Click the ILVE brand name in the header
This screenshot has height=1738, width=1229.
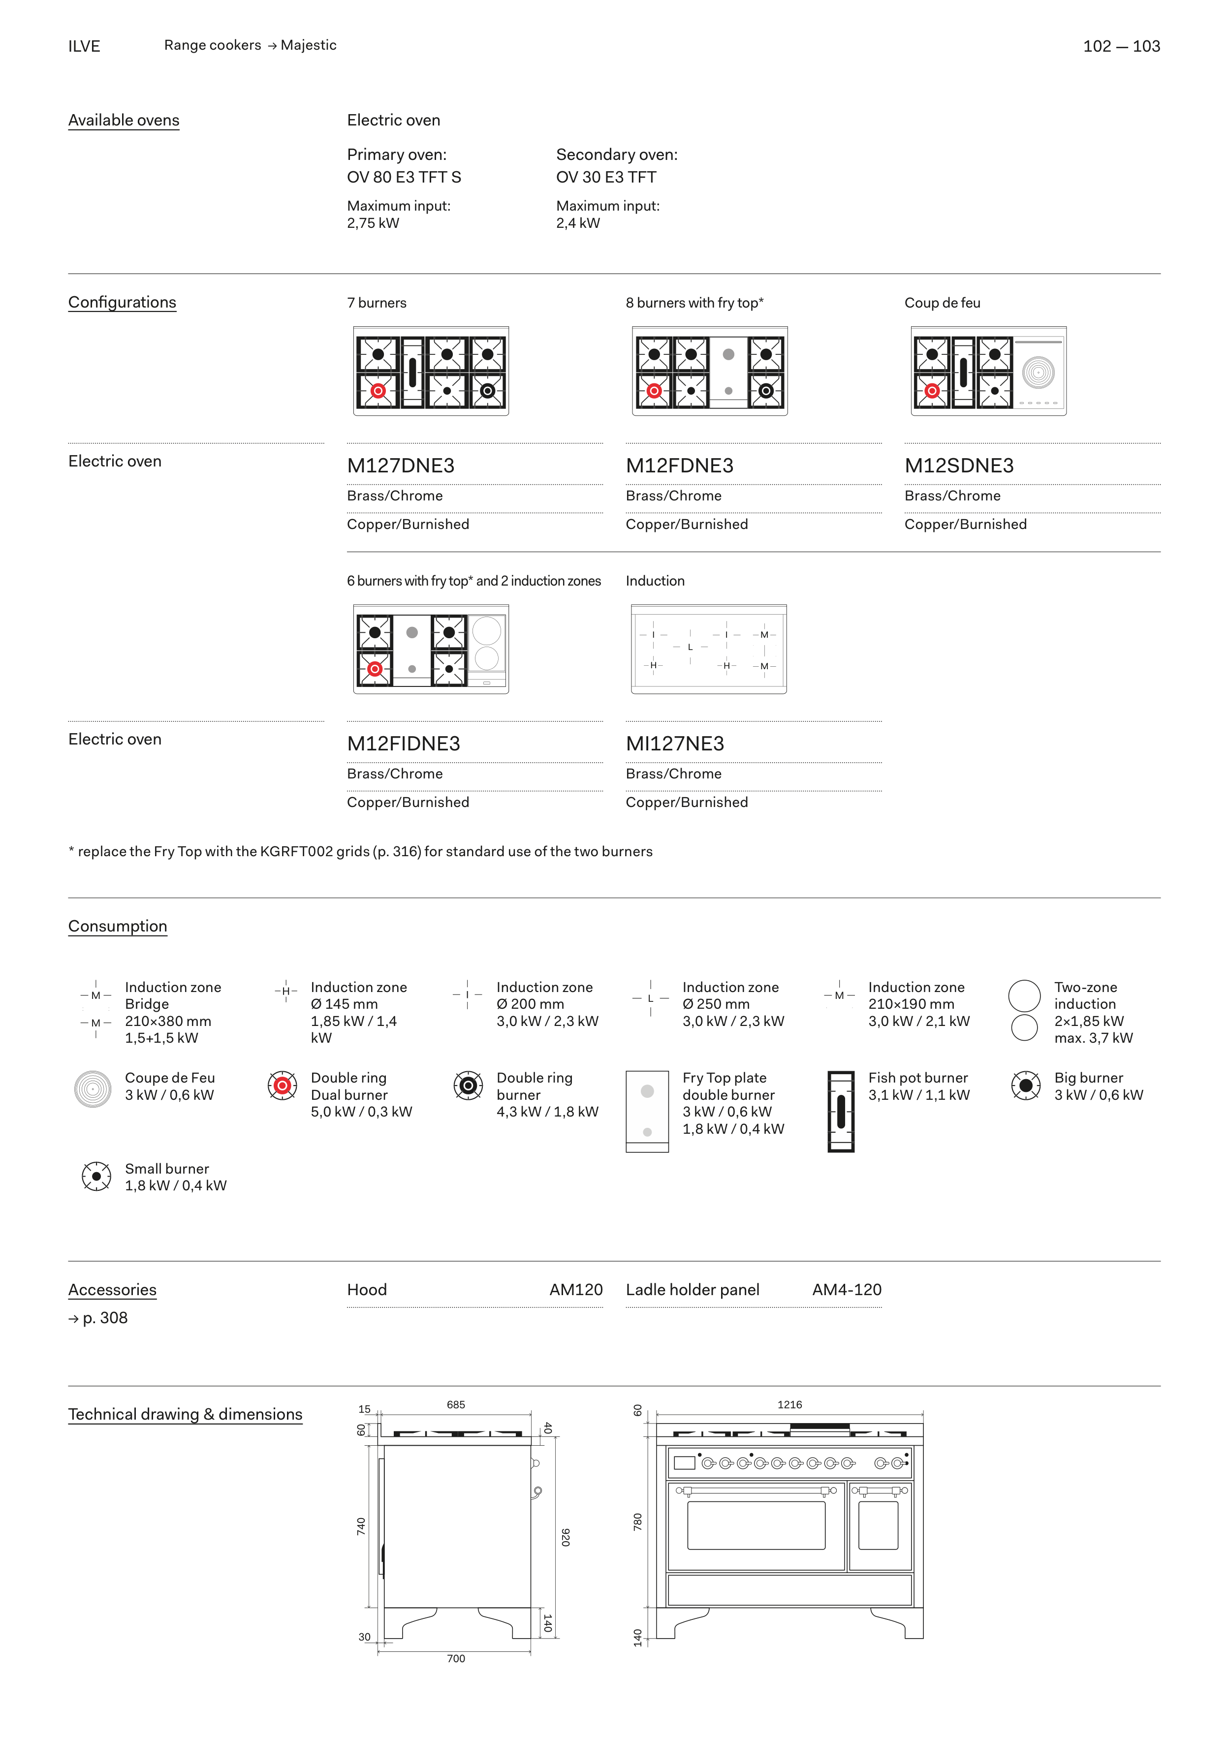[84, 46]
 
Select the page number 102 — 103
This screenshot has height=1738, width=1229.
[1122, 46]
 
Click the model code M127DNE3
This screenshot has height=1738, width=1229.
[401, 466]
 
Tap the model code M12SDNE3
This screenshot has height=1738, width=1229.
[959, 466]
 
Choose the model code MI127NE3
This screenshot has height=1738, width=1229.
[675, 744]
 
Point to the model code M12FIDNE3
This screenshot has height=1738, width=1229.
[404, 744]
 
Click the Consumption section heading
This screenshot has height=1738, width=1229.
[117, 927]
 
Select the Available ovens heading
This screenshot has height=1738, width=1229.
[124, 121]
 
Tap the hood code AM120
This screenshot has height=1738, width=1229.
[576, 1290]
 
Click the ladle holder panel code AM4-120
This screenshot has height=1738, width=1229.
[847, 1290]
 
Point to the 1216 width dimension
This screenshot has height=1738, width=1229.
[790, 1405]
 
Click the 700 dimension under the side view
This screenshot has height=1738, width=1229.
[456, 1658]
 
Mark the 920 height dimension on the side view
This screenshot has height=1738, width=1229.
[565, 1537]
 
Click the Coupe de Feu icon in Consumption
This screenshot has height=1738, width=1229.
[93, 1089]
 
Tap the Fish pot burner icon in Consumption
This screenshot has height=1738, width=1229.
[841, 1111]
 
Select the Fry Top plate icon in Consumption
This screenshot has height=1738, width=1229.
[647, 1111]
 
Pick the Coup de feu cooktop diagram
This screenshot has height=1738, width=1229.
[989, 372]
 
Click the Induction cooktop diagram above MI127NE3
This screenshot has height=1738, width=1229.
[709, 650]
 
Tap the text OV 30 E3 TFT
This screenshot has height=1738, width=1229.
[606, 177]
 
